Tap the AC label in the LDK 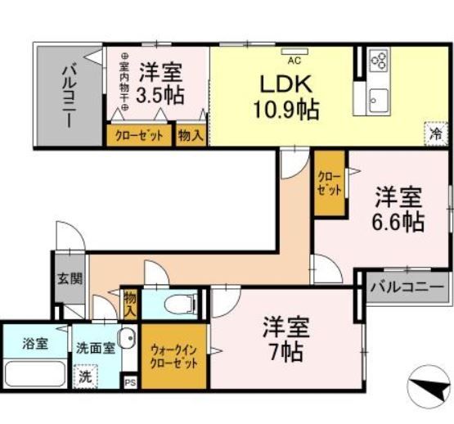[292, 60]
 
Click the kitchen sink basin [376, 101]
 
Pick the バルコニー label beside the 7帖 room [407, 288]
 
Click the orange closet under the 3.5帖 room [138, 135]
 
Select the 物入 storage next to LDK [191, 135]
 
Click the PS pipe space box [129, 381]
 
